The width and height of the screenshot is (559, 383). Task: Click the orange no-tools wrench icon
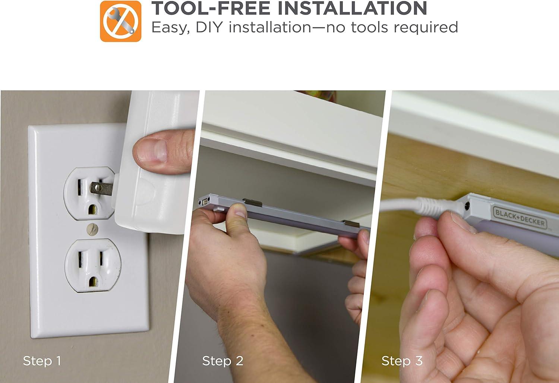[x=120, y=21]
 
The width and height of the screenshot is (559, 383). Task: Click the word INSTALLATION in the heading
[x=352, y=8]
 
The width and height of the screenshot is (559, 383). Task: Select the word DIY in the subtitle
[x=209, y=27]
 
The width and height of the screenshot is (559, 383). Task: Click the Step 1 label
[x=42, y=361]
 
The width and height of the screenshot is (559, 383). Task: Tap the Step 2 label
[x=222, y=361]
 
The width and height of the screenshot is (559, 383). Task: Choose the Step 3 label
[x=402, y=361]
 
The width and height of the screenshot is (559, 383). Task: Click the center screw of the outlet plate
[x=92, y=229]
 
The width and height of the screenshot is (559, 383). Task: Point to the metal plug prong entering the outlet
[x=101, y=189]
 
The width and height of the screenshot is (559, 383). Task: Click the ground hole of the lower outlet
[x=93, y=282]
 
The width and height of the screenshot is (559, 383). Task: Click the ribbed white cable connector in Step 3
[x=435, y=206]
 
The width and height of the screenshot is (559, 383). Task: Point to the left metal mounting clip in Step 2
[x=252, y=202]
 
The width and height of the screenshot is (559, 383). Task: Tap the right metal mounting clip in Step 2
[x=351, y=224]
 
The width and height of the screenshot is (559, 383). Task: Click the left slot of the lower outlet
[x=80, y=259]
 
